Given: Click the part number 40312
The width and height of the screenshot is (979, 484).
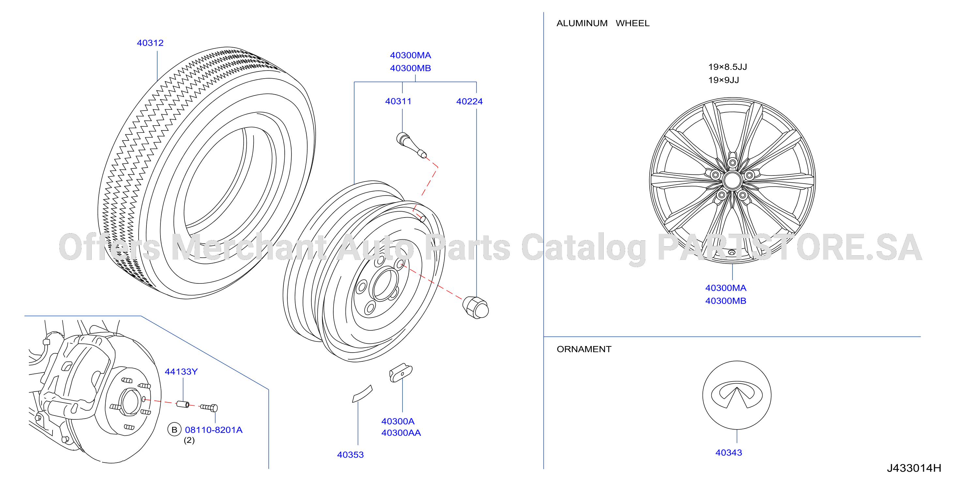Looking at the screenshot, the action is coord(150,43).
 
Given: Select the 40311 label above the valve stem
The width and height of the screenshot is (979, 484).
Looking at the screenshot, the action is coord(398,101).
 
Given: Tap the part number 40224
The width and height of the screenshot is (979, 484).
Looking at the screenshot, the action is coord(469,101).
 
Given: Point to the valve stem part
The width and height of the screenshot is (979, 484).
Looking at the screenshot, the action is coord(411,145).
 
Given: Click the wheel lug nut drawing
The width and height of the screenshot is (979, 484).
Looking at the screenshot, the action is coord(475,307).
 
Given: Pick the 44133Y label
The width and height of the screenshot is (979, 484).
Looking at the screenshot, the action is coord(181,371).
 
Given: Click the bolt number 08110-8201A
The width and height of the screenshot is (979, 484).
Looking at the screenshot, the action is coord(214,430).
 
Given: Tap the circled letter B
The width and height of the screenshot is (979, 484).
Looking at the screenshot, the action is coord(174,430).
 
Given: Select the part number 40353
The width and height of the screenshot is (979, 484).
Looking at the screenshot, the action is coord(350,455).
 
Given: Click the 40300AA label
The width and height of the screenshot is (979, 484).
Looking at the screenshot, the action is coord(401,433).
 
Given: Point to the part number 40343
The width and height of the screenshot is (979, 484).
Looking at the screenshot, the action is coord(729,452).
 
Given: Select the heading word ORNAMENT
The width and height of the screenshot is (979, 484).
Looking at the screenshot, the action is coord(584,349).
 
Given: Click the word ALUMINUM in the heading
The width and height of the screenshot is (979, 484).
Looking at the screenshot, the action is coord(582,23).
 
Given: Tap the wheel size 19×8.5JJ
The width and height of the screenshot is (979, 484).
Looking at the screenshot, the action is coord(728,67).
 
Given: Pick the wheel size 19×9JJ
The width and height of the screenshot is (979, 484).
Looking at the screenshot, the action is coord(724,80).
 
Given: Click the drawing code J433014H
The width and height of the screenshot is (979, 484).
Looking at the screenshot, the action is coord(914,468).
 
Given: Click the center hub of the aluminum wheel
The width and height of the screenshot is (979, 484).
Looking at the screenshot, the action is coord(732,180).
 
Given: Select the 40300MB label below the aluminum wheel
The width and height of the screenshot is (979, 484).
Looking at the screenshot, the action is coord(726,301).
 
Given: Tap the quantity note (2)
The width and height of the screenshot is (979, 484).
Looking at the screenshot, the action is coord(189,440).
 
